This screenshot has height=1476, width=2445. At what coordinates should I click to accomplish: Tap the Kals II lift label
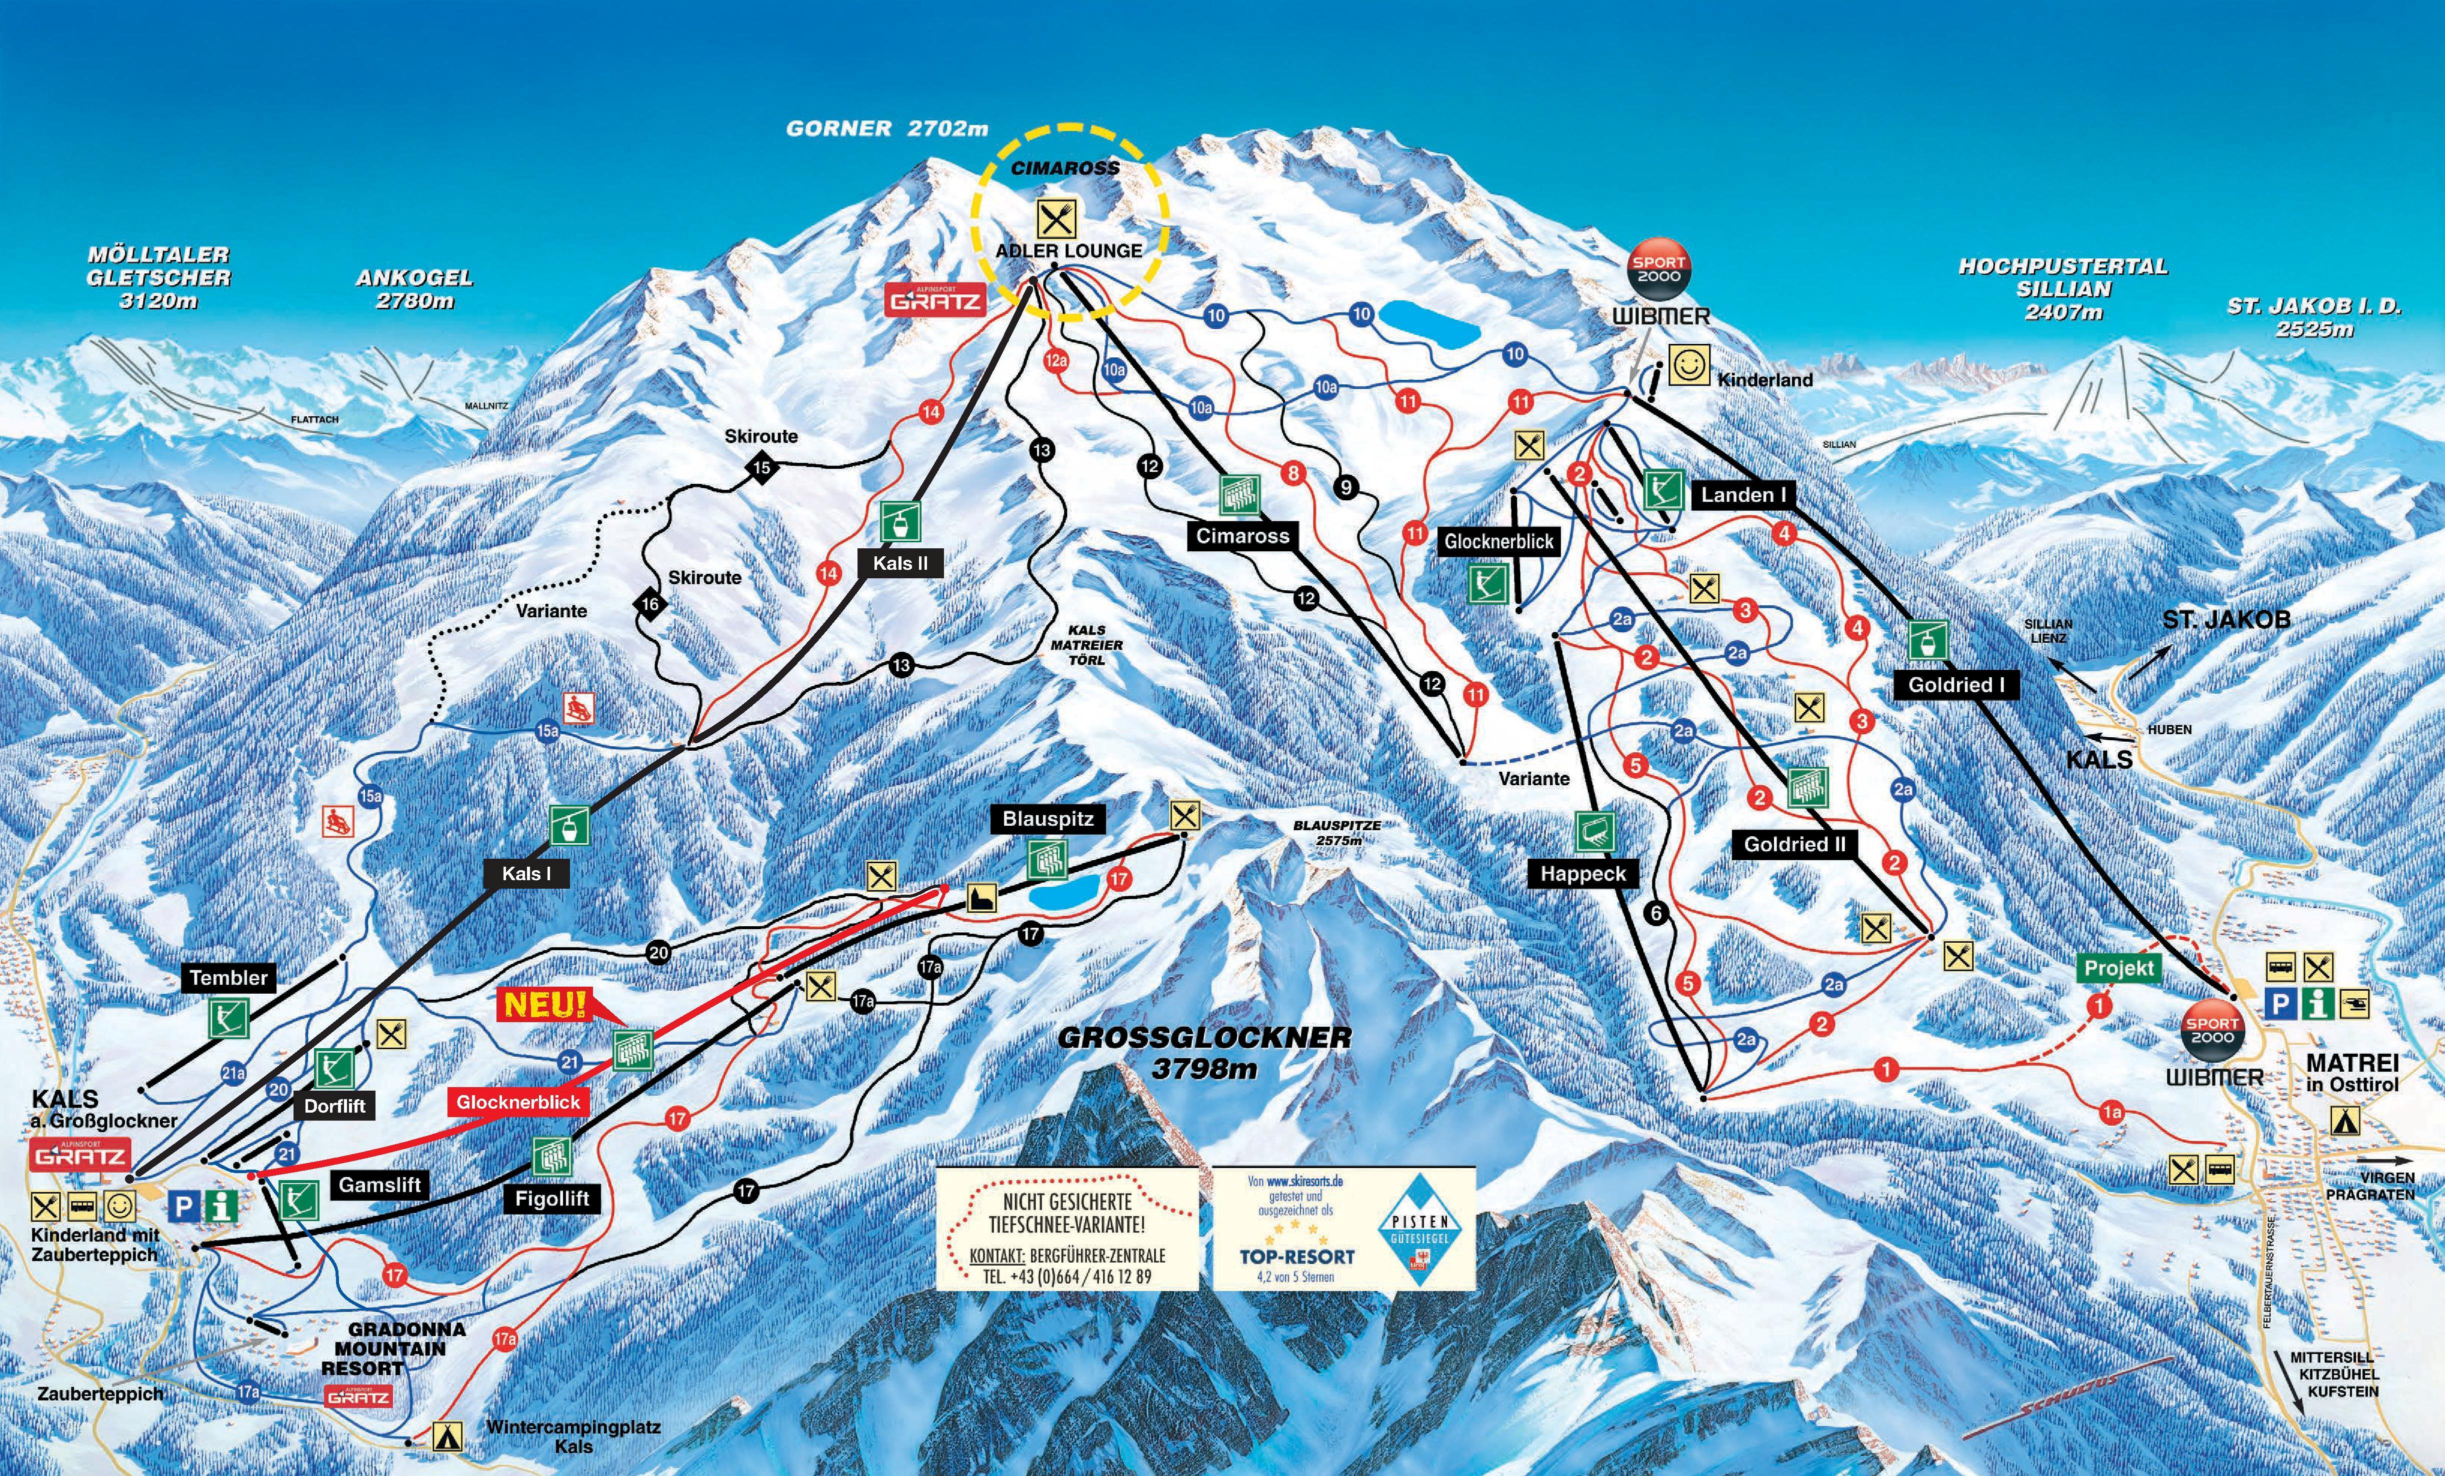[x=900, y=563]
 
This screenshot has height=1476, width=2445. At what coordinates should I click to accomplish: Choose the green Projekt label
[x=2118, y=968]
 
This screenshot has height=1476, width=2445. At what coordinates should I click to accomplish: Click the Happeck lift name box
[x=1582, y=874]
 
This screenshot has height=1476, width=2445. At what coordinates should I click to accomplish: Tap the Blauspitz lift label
[x=1048, y=819]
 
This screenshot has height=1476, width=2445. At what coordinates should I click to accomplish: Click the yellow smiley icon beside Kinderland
[x=1688, y=364]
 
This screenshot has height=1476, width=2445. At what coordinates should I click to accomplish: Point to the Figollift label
[x=551, y=1198]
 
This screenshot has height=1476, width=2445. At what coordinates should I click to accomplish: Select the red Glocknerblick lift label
[x=518, y=1102]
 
